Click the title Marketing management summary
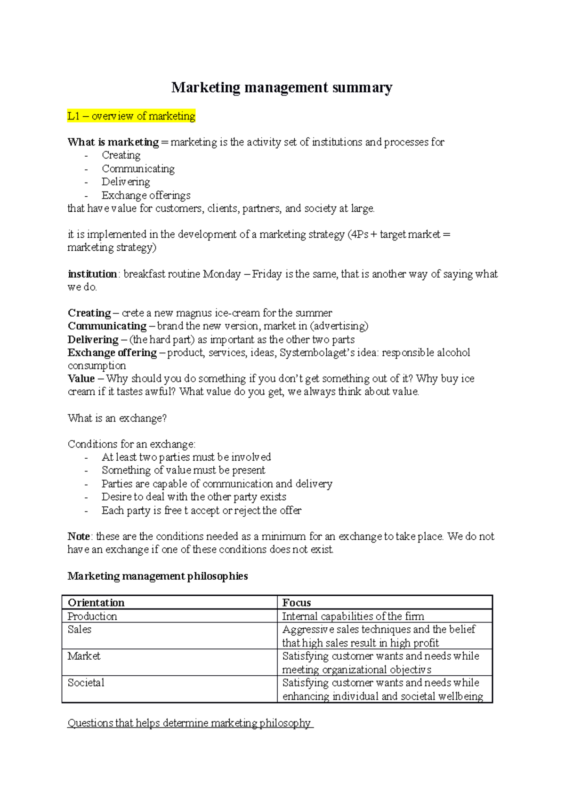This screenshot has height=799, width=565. (x=282, y=88)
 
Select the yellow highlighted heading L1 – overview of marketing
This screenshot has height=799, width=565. (x=131, y=116)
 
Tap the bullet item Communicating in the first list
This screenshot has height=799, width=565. (x=138, y=168)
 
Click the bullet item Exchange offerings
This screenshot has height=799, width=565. (x=146, y=195)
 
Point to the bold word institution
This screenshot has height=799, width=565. (x=92, y=274)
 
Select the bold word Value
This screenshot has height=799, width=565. (x=81, y=378)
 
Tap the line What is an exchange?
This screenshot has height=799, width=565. (x=117, y=418)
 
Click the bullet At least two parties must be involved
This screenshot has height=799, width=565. (x=186, y=457)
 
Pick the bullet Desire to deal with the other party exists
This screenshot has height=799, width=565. (x=194, y=497)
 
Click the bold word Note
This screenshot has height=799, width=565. (x=79, y=536)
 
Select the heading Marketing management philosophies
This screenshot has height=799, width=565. (x=158, y=576)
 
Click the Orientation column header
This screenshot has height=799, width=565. (x=96, y=603)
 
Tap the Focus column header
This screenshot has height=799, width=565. (x=296, y=603)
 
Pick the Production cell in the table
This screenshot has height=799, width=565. (x=92, y=616)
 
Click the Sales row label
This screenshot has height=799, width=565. (x=80, y=630)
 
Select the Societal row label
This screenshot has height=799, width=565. (x=86, y=683)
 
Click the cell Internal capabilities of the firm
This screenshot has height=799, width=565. (x=353, y=616)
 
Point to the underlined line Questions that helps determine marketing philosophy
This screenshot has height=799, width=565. (x=189, y=723)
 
